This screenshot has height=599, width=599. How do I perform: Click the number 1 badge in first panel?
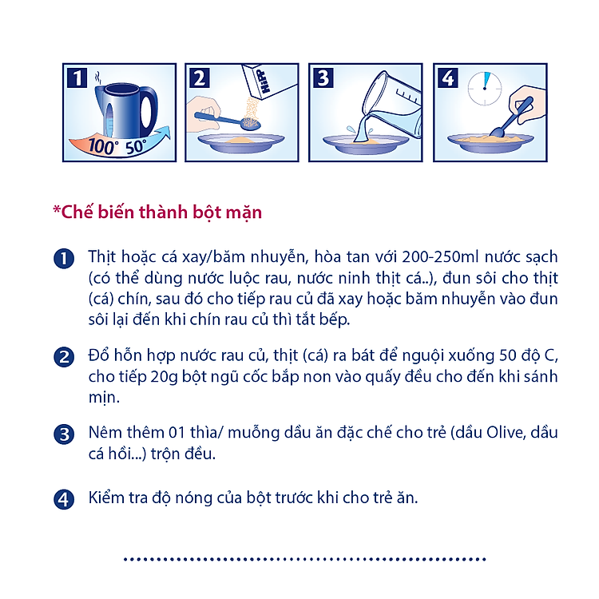pos(77,78)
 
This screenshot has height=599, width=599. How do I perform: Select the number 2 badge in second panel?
pos(200,78)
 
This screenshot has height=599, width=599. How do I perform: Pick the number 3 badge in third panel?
pos(323,78)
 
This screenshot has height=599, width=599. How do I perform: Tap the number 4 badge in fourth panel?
pos(447,78)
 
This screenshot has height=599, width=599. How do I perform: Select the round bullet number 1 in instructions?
pos(63,260)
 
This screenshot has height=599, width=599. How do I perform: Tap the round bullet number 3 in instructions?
pos(63,434)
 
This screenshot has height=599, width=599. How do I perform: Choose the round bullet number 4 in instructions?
pos(63,499)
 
